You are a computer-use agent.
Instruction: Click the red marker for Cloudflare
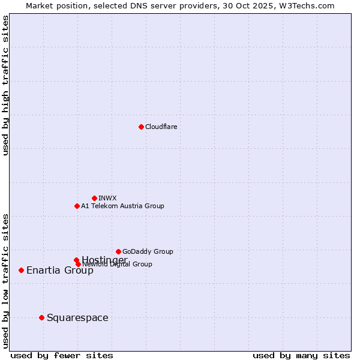(x=141, y=127)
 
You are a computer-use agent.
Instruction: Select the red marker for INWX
(x=94, y=198)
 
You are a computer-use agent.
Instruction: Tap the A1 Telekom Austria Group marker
(x=77, y=206)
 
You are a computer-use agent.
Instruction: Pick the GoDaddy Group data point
(x=118, y=251)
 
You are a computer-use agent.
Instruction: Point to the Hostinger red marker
(x=76, y=260)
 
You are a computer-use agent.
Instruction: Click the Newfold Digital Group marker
(x=78, y=264)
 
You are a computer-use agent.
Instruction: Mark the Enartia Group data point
(x=21, y=270)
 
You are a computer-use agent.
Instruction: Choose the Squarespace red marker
(x=41, y=317)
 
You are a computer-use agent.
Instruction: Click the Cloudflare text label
(x=161, y=127)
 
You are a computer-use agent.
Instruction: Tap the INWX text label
(x=107, y=198)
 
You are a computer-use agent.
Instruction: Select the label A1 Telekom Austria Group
(x=122, y=206)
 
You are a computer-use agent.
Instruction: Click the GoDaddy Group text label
(x=148, y=251)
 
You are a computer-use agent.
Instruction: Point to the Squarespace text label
(x=77, y=317)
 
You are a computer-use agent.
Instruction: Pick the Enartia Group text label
(x=60, y=270)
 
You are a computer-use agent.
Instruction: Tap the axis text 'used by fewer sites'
(x=62, y=356)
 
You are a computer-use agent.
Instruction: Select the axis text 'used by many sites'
(x=301, y=356)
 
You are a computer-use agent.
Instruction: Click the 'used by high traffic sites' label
(x=5, y=85)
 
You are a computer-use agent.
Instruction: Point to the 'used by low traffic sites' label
(x=5, y=280)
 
